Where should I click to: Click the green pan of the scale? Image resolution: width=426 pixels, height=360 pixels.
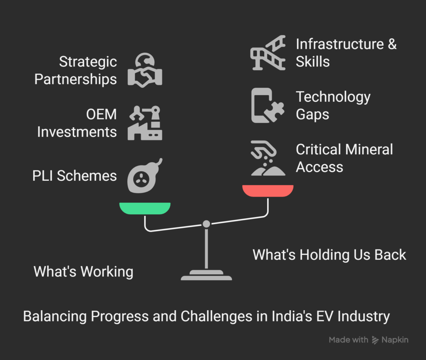pyautogui.click(x=145, y=208)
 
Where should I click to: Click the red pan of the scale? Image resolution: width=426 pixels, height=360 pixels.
pyautogui.click(x=268, y=190)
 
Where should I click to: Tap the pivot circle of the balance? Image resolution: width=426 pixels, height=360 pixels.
pyautogui.click(x=206, y=224)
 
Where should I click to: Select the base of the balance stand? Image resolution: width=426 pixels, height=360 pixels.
pyautogui.click(x=206, y=275)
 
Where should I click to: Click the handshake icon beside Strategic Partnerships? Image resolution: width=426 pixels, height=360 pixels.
pyautogui.click(x=145, y=70)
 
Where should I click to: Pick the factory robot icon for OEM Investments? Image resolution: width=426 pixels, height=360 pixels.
pyautogui.click(x=145, y=123)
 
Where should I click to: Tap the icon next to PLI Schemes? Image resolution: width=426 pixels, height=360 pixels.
pyautogui.click(x=145, y=176)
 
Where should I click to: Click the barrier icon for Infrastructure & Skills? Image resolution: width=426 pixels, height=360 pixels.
pyautogui.click(x=268, y=53)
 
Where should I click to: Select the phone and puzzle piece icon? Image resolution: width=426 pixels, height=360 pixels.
pyautogui.click(x=268, y=105)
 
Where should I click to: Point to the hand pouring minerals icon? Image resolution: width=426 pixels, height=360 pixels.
pyautogui.click(x=268, y=158)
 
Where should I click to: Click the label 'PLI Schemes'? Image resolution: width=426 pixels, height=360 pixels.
pyautogui.click(x=74, y=176)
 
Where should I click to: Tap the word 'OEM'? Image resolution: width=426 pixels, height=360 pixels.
pyautogui.click(x=102, y=114)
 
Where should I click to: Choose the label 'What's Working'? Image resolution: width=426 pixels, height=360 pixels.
pyautogui.click(x=83, y=272)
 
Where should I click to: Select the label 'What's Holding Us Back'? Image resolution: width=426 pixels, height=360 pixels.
pyautogui.click(x=329, y=255)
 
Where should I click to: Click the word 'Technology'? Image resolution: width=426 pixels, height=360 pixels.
pyautogui.click(x=333, y=97)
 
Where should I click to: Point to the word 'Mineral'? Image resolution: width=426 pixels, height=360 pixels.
pyautogui.click(x=369, y=149)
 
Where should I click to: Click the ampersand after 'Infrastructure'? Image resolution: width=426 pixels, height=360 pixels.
pyautogui.click(x=392, y=44)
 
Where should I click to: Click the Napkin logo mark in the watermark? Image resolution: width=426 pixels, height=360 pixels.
pyautogui.click(x=375, y=340)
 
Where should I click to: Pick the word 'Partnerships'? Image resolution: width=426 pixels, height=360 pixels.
pyautogui.click(x=76, y=79)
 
